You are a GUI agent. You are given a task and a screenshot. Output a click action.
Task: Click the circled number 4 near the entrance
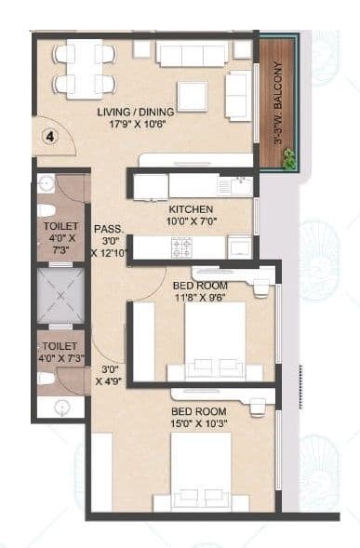(52, 136)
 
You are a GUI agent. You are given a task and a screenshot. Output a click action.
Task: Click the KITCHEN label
(190, 208)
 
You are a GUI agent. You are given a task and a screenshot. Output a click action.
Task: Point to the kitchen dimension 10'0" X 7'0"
(190, 221)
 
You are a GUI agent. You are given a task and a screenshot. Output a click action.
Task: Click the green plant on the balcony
(289, 161)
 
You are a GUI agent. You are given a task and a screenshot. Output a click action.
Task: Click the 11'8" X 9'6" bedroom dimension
(200, 298)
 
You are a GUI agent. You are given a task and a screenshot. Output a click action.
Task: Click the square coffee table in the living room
(193, 96)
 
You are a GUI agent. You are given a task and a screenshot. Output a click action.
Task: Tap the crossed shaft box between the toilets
(60, 299)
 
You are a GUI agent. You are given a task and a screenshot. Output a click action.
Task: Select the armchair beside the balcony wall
(237, 95)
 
